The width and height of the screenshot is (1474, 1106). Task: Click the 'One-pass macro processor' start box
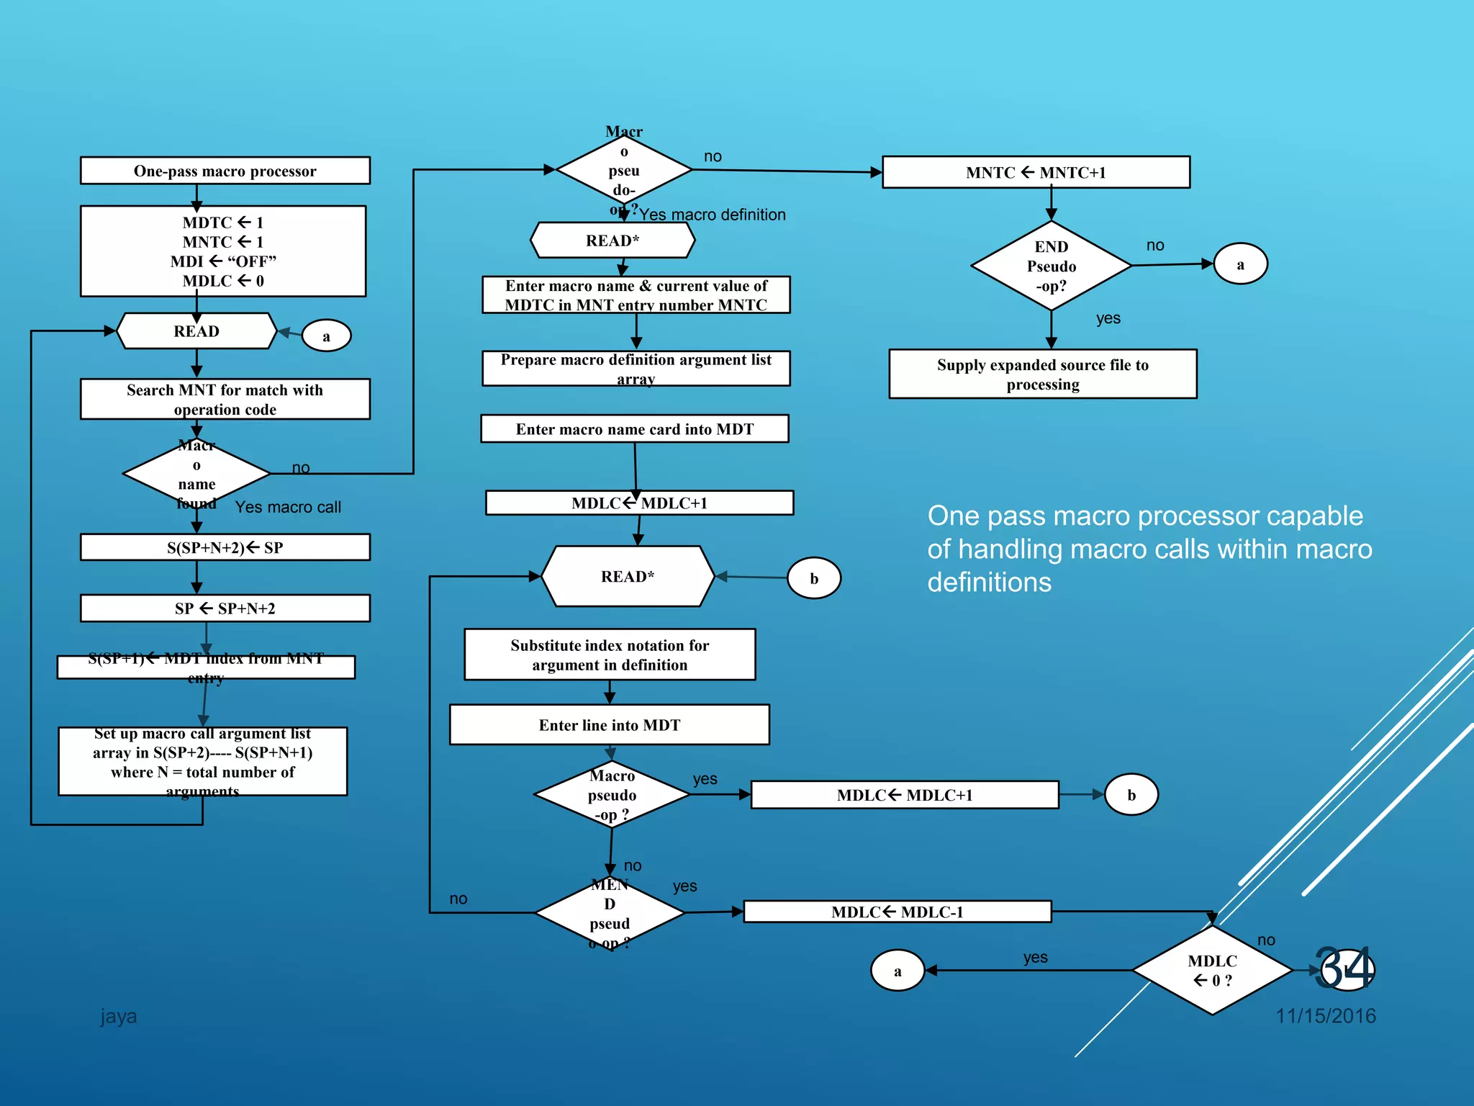225,171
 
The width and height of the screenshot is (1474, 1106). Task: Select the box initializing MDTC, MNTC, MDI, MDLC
223,251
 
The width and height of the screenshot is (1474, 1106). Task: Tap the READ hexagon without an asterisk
196,331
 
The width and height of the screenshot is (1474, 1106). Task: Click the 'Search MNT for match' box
225,400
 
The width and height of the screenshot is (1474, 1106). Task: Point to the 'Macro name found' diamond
196,474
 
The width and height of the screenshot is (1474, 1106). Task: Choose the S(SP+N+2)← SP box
225,547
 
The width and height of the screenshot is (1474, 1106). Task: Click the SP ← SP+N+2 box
225,608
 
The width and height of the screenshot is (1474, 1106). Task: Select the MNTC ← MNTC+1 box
1036,172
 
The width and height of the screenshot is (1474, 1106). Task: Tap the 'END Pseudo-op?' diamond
1051,266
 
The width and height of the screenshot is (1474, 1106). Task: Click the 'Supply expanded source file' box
1042,374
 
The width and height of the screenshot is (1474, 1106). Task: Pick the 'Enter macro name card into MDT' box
634,429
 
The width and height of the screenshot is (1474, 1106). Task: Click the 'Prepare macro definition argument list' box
636,369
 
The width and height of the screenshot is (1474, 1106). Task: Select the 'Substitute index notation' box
610,655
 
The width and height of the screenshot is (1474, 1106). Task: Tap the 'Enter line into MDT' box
609,725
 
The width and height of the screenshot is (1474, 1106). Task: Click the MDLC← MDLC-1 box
897,912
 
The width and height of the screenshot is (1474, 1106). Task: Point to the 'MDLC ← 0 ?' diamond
1212,971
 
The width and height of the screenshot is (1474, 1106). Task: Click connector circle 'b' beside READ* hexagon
814,578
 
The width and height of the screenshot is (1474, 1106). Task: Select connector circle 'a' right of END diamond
1240,264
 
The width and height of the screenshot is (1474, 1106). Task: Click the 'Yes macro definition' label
712,215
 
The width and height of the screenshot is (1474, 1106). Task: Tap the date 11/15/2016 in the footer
1325,1016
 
